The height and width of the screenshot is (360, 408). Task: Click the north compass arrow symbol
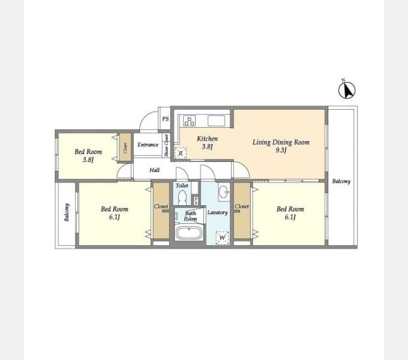pos(347,89)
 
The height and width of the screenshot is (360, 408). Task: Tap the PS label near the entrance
pos(165,119)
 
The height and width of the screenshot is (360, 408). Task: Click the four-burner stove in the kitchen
pos(189,121)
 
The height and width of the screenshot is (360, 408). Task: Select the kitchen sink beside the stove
pos(216,121)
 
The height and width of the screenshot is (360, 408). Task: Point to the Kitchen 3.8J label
pos(207,142)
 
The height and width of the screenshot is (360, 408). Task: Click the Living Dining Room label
pos(281,146)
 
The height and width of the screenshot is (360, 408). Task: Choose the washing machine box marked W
pos(222,238)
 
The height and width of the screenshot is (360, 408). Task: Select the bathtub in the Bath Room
pos(190,233)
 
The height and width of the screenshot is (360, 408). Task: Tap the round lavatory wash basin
pos(223,193)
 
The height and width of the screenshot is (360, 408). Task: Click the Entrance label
pos(148,145)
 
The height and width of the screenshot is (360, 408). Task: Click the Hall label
pos(155,170)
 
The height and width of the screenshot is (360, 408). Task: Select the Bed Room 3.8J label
pos(88,155)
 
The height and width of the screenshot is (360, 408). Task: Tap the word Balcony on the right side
pos(341,181)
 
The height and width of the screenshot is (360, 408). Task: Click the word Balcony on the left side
pos(67,212)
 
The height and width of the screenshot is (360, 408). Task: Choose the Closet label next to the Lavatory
pos(242,206)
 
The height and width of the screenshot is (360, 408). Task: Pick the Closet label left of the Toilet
pos(161,206)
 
